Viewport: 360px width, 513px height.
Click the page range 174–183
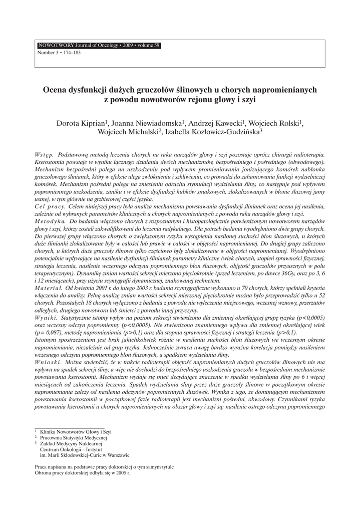[x=70, y=52]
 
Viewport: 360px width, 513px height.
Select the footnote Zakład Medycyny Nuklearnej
[x=71, y=443]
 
